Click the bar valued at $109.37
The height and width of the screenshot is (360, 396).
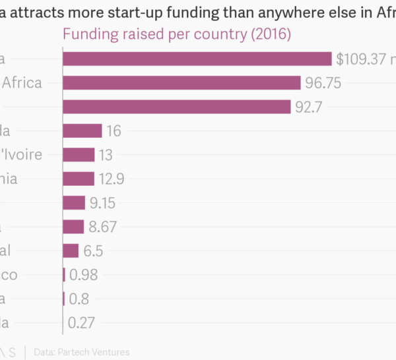(x=197, y=59)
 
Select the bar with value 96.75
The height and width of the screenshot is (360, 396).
(x=181, y=82)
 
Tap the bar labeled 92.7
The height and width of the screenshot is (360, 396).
(x=176, y=106)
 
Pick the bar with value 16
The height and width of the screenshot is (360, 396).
(x=82, y=131)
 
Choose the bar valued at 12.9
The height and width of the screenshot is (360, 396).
(x=79, y=178)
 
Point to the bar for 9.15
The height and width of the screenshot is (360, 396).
(x=74, y=202)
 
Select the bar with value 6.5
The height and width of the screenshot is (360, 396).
(x=71, y=251)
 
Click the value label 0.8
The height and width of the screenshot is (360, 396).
(x=79, y=299)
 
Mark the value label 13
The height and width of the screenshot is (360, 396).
(x=105, y=154)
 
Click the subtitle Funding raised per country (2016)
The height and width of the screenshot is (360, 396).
(x=176, y=34)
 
